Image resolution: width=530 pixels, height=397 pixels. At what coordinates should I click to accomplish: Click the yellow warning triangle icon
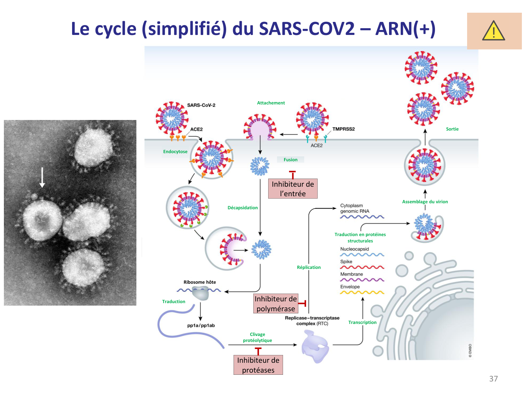click(x=493, y=31)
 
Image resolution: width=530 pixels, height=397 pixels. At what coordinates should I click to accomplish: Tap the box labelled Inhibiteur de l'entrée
click(x=293, y=189)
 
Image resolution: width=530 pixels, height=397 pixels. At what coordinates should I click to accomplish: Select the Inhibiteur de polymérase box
click(x=276, y=303)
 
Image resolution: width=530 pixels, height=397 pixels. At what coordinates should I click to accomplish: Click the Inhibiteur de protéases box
click(x=258, y=365)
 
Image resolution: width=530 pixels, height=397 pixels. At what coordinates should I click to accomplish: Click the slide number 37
click(x=493, y=379)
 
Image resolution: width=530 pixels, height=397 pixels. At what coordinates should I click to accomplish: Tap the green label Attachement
click(x=271, y=103)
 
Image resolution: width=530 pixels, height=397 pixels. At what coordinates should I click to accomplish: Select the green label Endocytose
click(x=175, y=152)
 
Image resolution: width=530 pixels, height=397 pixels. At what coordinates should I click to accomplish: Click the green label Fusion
click(x=290, y=160)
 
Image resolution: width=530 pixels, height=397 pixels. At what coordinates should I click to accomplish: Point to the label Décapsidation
click(x=242, y=208)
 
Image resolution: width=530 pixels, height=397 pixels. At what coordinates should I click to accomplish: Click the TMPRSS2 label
click(x=343, y=129)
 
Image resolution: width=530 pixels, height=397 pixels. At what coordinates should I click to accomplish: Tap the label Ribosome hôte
click(x=200, y=282)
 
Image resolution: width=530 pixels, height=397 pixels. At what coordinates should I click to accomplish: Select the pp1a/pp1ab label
click(x=201, y=325)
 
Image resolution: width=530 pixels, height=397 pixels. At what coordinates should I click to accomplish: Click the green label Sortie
click(x=452, y=129)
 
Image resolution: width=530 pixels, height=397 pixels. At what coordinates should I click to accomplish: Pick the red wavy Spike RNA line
click(x=362, y=267)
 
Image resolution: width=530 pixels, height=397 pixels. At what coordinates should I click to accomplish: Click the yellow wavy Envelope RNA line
click(x=362, y=293)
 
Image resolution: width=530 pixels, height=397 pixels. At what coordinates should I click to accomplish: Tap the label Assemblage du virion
click(x=425, y=202)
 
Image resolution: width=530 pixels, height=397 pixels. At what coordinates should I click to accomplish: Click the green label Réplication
click(x=309, y=267)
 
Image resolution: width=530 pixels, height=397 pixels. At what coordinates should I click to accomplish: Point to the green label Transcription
click(x=362, y=323)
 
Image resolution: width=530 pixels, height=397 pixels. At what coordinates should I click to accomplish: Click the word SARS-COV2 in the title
click(x=307, y=29)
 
